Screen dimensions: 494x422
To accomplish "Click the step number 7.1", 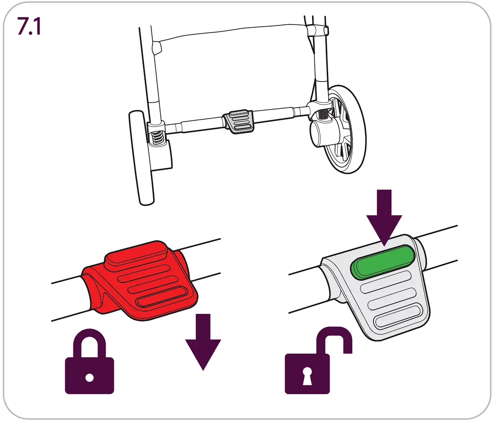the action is pos(29,26).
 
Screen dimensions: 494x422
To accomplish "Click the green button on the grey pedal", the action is pos(383,260).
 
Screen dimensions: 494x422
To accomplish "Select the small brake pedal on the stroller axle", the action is pos(238,120).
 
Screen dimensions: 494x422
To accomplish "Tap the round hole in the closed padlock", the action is pos(89,378).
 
